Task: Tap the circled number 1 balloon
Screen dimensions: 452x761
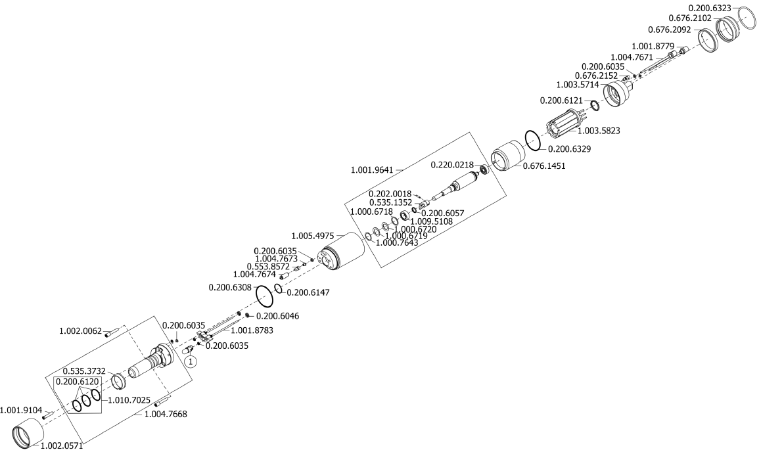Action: (x=190, y=361)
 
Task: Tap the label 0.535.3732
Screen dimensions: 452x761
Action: (x=85, y=371)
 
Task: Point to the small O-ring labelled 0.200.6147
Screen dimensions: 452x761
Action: (x=279, y=289)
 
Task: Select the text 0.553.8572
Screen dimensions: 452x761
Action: (x=268, y=266)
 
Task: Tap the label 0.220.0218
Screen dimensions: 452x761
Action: (x=452, y=164)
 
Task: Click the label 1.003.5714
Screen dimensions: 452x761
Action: (x=578, y=85)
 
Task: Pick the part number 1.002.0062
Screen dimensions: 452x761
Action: (x=81, y=331)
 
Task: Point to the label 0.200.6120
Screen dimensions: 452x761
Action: (x=76, y=381)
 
